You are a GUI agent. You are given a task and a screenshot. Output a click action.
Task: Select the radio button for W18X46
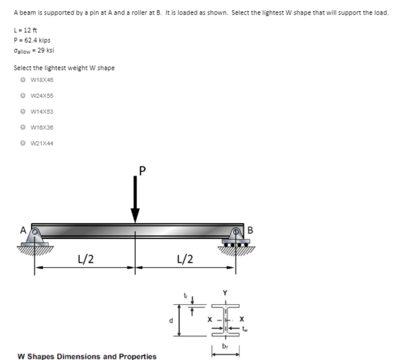pyautogui.click(x=23, y=79)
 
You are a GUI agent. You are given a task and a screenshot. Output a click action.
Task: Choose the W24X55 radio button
pyautogui.click(x=23, y=95)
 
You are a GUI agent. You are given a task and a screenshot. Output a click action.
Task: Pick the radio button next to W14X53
pyautogui.click(x=23, y=111)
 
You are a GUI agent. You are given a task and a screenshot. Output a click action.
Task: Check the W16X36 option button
pyautogui.click(x=23, y=127)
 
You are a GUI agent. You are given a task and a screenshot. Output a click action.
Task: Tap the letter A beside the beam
pyautogui.click(x=25, y=230)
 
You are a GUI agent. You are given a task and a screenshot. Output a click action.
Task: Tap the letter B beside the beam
pyautogui.click(x=250, y=230)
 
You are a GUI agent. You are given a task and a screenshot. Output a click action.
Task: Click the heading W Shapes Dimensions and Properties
pyautogui.click(x=87, y=356)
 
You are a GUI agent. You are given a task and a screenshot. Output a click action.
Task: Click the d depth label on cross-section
pyautogui.click(x=170, y=321)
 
